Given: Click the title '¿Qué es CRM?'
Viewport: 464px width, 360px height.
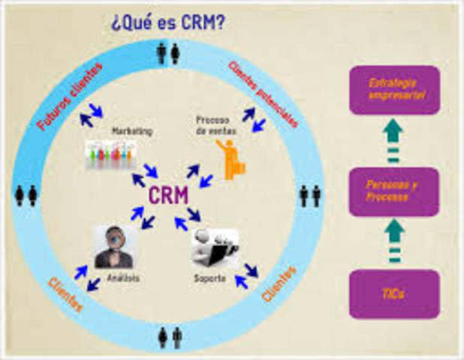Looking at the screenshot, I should [167, 22].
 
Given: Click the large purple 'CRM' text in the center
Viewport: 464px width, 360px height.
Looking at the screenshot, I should [168, 196].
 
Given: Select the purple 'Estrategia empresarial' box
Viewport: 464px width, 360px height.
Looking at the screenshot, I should [395, 89].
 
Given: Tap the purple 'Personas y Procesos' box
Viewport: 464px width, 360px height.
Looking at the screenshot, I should [395, 191].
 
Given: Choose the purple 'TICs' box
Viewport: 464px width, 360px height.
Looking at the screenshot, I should [395, 294].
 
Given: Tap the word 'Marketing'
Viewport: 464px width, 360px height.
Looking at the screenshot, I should [132, 130].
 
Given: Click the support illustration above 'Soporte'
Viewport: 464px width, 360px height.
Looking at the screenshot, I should [213, 248].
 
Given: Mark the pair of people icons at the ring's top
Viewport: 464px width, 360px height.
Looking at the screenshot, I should [169, 53].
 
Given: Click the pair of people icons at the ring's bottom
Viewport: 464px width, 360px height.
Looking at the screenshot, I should [169, 337].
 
